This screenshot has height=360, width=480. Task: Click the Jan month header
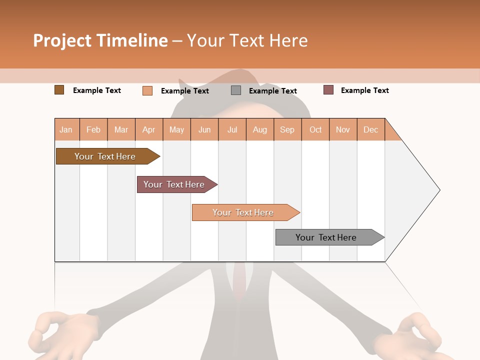66,129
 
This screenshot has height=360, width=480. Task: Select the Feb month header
93,129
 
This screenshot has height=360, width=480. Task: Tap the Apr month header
149,129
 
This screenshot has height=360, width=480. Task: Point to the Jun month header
204,129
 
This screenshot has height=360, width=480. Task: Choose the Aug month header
260,129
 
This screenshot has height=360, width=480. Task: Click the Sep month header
287,129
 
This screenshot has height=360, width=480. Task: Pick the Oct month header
315,129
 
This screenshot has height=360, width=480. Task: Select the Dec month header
371,129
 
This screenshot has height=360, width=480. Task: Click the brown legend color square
59,90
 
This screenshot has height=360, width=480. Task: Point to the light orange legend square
147,90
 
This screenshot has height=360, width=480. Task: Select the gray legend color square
236,90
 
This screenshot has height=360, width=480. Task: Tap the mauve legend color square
328,90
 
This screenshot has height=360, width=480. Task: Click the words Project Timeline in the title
100,40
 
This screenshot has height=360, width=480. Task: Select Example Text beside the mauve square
364,90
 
